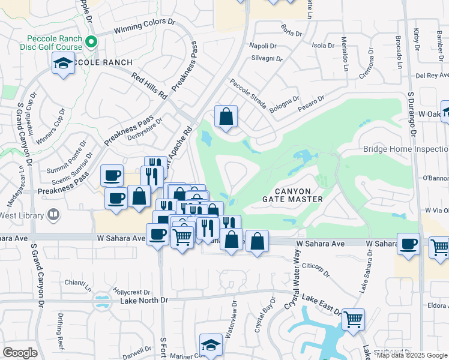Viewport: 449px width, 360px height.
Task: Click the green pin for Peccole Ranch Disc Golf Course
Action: pos(91,41)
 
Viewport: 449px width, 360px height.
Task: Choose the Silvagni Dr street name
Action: pos(267,59)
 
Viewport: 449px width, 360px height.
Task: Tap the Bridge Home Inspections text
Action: pos(406,149)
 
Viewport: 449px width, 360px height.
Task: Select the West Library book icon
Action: pos(53,214)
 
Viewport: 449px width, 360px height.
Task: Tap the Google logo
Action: pos(20,352)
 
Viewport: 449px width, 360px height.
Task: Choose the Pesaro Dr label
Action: pos(313,102)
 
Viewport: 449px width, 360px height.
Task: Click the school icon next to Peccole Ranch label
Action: pos(62,64)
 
